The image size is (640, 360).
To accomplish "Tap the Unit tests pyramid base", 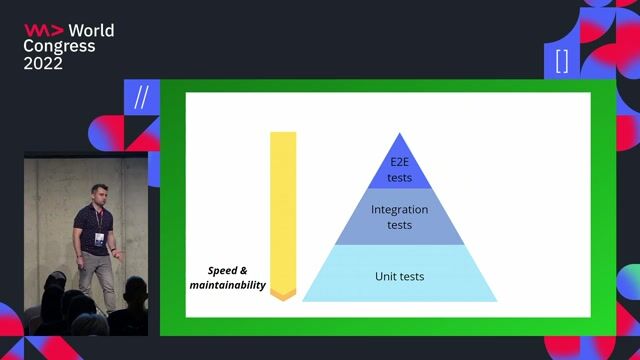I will point(399,276).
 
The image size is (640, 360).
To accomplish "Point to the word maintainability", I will point(228,286).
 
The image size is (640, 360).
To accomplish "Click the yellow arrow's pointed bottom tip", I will point(283,296).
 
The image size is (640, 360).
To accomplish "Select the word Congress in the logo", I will point(59,46).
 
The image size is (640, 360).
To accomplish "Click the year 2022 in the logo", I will point(43,62).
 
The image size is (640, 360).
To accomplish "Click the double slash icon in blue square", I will point(141,97).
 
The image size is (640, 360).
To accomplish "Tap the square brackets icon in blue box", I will point(562,61).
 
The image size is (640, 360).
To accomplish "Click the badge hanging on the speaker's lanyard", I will point(99,238).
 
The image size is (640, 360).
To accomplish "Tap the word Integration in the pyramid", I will point(399,210).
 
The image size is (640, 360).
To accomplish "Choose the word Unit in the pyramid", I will point(387,276).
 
